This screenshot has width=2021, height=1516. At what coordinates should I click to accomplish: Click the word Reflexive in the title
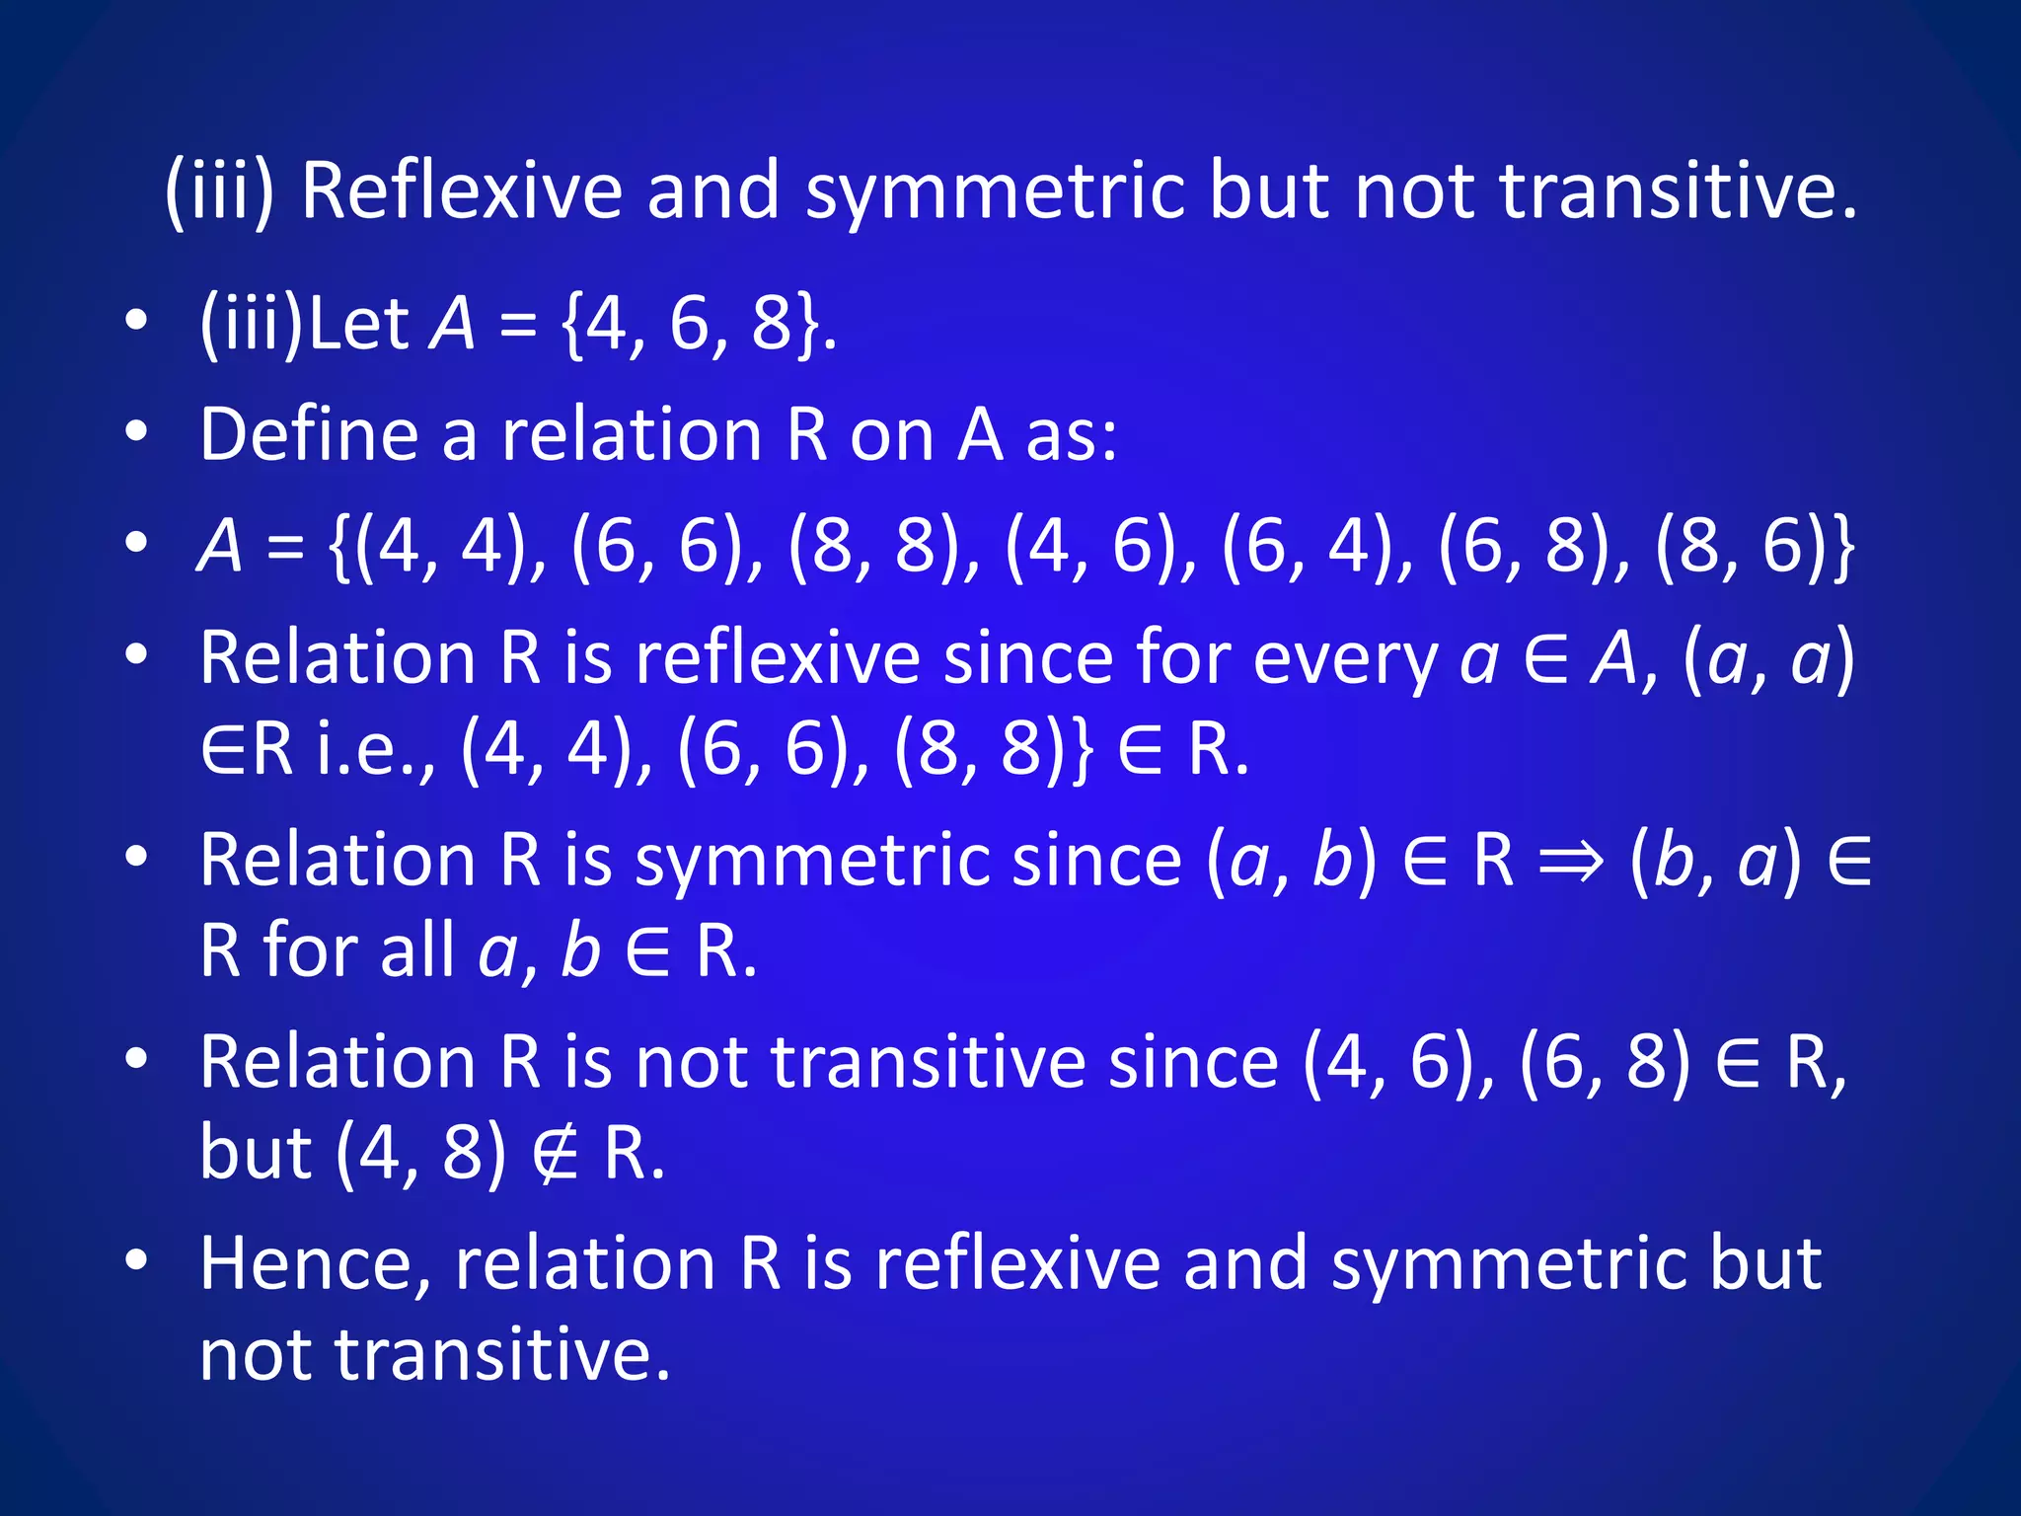(461, 190)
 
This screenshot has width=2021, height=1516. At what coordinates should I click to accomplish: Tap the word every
(1345, 658)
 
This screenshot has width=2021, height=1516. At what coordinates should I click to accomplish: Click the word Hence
(315, 1263)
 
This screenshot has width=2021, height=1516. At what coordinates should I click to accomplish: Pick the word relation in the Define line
(632, 434)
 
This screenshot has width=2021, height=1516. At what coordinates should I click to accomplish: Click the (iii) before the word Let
(252, 324)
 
